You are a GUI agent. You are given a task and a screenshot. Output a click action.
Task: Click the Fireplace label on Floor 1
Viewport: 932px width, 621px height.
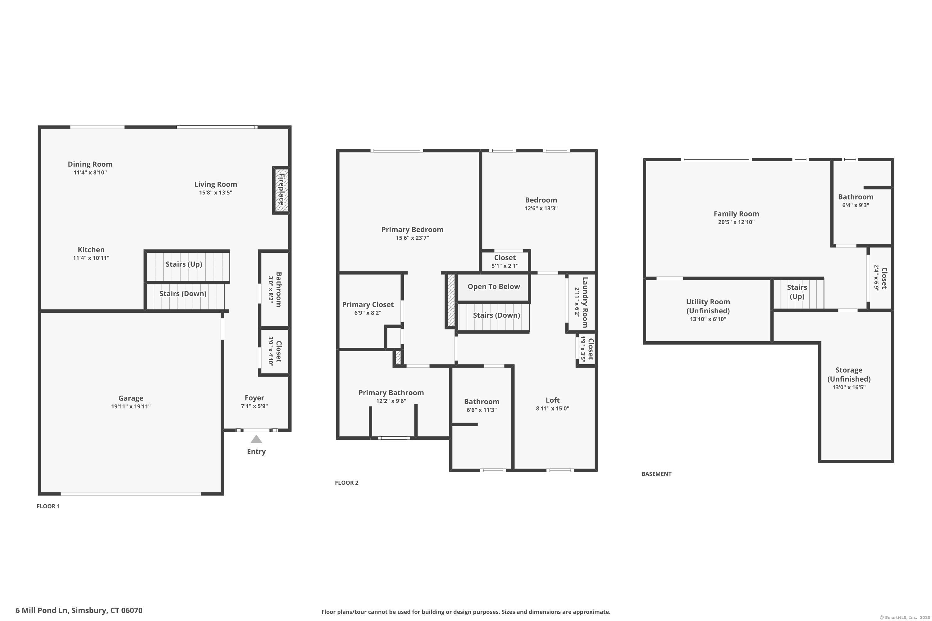click(282, 189)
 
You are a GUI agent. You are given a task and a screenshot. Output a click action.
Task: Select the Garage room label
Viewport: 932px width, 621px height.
click(131, 398)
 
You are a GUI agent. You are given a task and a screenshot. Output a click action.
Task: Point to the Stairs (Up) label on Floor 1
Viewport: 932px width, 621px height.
click(184, 264)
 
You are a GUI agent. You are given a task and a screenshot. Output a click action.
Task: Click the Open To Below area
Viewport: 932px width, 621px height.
click(494, 287)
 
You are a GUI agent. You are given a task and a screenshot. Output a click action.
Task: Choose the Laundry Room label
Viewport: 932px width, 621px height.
click(585, 302)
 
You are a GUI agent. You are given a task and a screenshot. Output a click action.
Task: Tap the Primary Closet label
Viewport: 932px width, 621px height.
click(368, 305)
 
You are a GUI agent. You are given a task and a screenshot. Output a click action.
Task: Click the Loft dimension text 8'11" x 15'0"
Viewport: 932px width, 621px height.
click(552, 408)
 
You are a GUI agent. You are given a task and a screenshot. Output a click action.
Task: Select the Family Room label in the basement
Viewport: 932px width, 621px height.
click(736, 214)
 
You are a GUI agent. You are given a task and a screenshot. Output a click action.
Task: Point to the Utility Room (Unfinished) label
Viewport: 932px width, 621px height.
click(708, 306)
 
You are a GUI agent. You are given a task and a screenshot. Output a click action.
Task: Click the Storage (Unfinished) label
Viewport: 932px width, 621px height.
click(849, 374)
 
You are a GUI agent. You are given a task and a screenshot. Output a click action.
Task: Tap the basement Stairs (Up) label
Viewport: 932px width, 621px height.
click(797, 292)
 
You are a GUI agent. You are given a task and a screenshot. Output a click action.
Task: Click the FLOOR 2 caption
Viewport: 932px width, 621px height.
click(347, 483)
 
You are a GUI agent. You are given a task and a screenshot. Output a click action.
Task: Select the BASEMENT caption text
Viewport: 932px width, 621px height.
click(657, 474)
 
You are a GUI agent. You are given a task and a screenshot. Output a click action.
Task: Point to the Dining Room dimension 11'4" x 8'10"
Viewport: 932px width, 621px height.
click(90, 173)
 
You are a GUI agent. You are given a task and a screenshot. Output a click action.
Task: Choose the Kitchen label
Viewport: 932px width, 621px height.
click(91, 250)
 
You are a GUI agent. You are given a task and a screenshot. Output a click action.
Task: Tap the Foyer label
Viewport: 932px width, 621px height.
click(254, 398)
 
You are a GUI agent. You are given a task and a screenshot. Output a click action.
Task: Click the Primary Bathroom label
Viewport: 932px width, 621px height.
click(391, 392)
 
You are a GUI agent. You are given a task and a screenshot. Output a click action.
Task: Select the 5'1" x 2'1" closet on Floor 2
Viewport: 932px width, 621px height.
click(505, 262)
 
